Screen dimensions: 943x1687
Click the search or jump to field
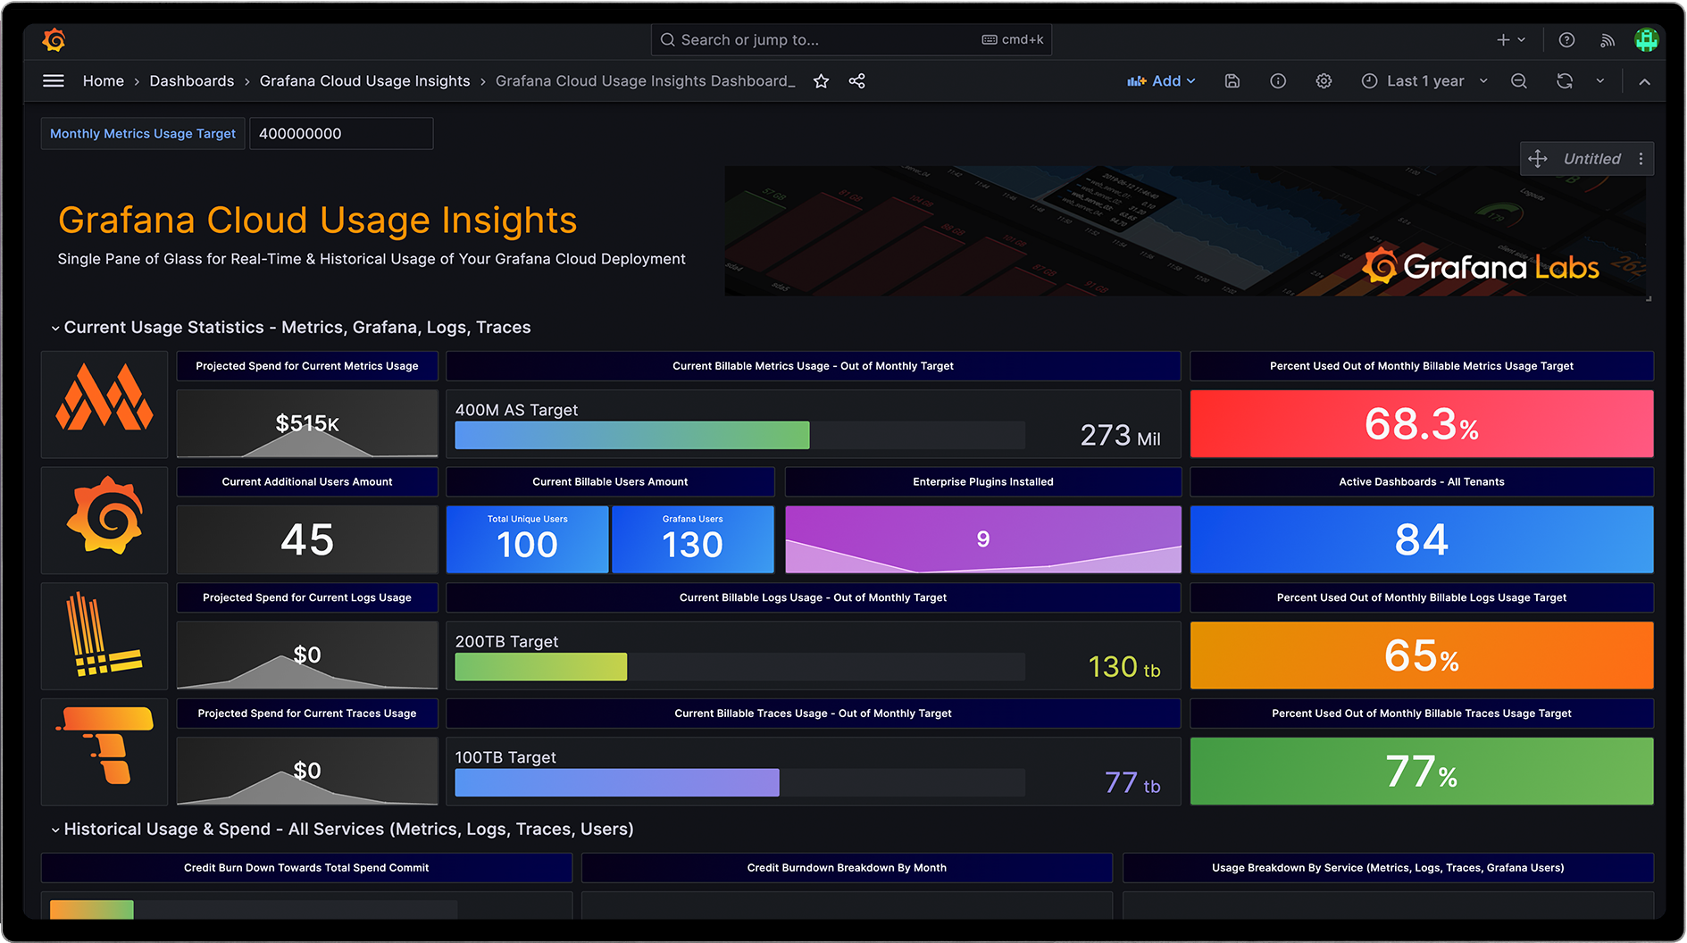point(822,40)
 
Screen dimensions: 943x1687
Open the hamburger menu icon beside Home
point(54,81)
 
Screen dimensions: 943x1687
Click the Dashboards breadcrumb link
point(191,81)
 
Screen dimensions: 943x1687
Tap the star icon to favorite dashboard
point(821,81)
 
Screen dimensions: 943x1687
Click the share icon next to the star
point(856,81)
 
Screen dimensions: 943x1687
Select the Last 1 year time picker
point(1424,81)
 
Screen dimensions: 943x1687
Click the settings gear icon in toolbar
point(1324,81)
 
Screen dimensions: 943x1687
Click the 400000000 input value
point(340,134)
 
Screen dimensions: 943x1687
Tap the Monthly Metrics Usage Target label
point(143,134)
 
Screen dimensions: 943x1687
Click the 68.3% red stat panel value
point(1421,424)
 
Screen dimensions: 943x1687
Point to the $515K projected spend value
point(306,423)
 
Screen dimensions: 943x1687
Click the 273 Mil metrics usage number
point(1119,436)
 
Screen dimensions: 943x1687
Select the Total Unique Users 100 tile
point(527,540)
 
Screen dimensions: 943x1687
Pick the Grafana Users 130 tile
point(692,540)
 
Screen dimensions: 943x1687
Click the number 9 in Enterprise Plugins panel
point(982,539)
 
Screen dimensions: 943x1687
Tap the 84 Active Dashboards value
point(1421,540)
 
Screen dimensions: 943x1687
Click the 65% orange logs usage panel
point(1421,655)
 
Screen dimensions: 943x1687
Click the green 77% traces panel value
point(1421,772)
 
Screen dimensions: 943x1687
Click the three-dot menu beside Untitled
point(1641,159)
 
